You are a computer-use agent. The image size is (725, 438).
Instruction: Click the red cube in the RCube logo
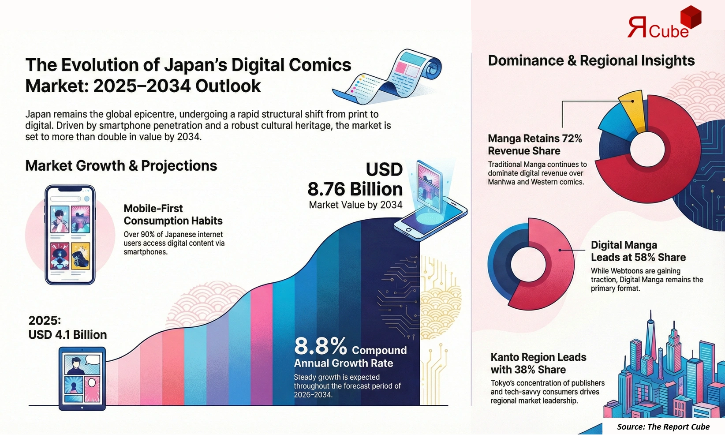(691, 17)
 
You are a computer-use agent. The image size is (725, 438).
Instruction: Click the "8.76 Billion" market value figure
(355, 189)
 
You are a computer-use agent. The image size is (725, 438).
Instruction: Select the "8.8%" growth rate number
(321, 346)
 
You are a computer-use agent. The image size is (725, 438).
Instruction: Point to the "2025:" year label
(45, 321)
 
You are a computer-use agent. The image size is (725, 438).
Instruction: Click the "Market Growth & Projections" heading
(121, 166)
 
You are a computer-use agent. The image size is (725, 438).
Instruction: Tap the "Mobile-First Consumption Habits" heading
(173, 214)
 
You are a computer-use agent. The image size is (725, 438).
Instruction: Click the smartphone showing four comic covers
(70, 235)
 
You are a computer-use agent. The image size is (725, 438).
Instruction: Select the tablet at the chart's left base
(82, 378)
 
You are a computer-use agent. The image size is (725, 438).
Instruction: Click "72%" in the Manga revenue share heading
(572, 139)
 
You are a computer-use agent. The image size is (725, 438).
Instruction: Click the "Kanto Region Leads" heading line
(538, 357)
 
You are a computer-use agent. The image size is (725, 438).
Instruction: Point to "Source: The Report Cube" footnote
(663, 427)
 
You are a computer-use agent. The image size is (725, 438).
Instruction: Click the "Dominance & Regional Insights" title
(591, 61)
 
